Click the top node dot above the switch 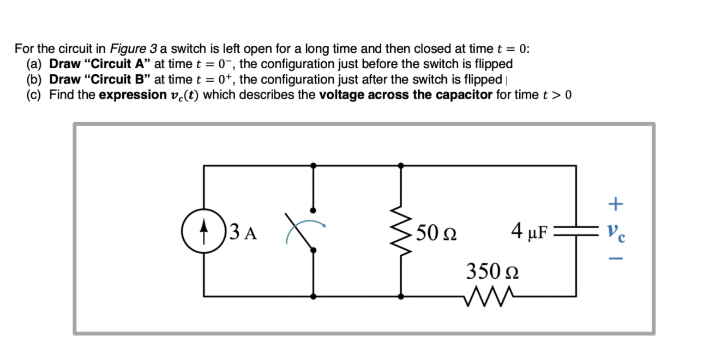313,165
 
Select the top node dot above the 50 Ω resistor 401,165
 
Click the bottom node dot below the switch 313,296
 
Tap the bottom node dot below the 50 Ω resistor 401,296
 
